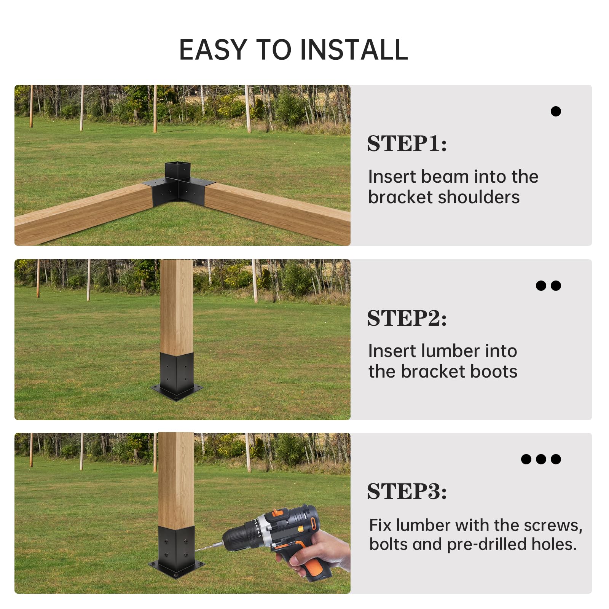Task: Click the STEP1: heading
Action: tap(407, 143)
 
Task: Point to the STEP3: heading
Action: tap(407, 491)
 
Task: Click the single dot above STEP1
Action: tap(556, 111)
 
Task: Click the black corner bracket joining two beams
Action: tap(178, 185)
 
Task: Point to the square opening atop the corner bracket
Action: tap(177, 166)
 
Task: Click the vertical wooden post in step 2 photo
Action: tap(177, 307)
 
